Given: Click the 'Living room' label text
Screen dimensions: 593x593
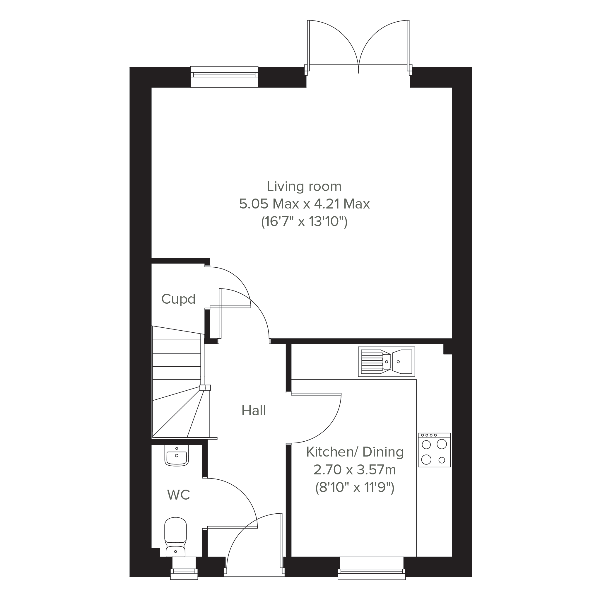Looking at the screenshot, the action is point(304,186).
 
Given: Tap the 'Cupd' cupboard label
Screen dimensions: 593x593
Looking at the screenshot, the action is point(178,299).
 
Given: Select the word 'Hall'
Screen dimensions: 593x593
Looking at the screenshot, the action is point(254,411).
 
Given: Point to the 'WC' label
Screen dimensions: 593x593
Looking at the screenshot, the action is point(178,495).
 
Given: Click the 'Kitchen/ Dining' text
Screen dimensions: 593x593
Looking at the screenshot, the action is point(355,452).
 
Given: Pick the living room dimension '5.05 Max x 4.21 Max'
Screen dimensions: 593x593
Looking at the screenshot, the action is point(305,204).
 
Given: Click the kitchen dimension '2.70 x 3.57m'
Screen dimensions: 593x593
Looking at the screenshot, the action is point(355,470).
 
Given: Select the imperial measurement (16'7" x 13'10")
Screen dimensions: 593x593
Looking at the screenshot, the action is point(304,222).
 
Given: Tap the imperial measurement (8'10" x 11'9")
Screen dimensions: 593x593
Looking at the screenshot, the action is point(355,487).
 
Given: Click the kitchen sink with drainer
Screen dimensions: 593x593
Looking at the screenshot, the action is point(387,362).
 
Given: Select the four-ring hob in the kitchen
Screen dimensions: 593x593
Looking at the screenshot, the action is point(434,450).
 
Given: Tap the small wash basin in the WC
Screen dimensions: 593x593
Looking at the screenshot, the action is point(177,455).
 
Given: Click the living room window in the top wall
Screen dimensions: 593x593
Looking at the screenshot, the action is point(224,77).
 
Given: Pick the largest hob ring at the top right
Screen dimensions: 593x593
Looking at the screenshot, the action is point(441,444).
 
